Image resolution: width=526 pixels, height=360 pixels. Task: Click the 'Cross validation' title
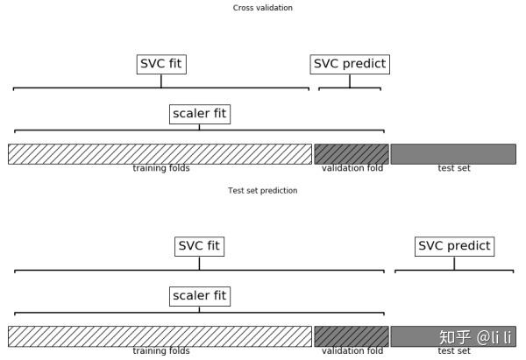[263, 8]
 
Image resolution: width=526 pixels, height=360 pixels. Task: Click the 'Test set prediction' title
[263, 190]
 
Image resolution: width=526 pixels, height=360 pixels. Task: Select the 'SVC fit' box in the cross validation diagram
[161, 64]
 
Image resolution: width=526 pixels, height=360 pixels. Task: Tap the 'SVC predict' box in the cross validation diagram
[350, 64]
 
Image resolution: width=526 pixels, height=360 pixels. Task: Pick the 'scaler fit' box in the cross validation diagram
[200, 114]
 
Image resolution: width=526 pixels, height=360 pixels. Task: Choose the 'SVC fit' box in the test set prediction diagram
[199, 247]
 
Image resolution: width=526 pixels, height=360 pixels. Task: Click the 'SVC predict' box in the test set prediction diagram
[454, 247]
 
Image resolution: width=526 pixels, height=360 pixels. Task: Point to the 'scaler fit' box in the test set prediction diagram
[200, 296]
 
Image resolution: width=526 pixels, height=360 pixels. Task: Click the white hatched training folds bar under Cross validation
[160, 154]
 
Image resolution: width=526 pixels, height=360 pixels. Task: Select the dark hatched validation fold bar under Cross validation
[352, 154]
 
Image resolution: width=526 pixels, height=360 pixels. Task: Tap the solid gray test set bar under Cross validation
[453, 154]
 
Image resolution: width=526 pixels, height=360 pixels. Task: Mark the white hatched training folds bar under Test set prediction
[160, 336]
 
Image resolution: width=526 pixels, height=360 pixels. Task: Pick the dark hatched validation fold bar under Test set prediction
[352, 336]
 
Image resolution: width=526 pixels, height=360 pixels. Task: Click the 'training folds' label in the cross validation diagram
[161, 168]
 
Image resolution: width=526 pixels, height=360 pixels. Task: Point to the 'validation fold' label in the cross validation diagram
[352, 168]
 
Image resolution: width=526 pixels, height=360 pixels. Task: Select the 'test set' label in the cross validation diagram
[454, 168]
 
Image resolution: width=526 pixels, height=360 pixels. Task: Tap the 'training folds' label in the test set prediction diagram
[161, 351]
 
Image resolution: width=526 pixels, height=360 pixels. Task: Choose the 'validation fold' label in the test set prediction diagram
[352, 351]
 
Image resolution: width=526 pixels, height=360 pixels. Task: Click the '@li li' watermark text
[494, 337]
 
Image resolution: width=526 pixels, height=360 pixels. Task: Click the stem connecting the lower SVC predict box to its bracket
[454, 263]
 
